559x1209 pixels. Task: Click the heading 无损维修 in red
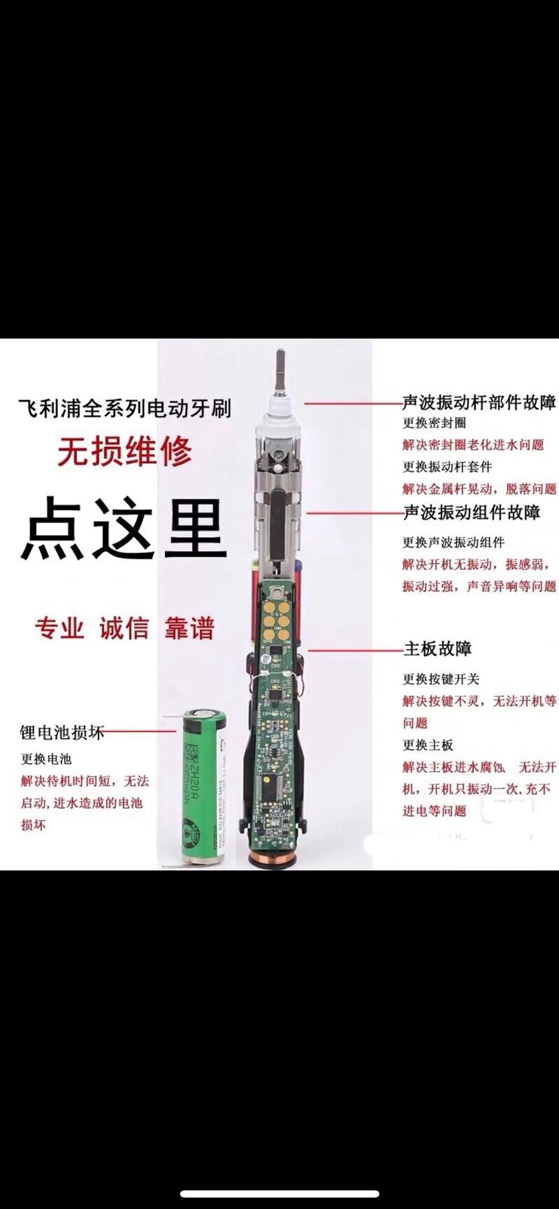pyautogui.click(x=124, y=451)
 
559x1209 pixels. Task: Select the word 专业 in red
pyautogui.click(x=60, y=628)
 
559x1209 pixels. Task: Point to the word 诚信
pyautogui.click(x=124, y=628)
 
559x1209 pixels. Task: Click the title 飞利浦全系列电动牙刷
pyautogui.click(x=124, y=409)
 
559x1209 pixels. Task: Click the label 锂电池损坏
pyautogui.click(x=61, y=732)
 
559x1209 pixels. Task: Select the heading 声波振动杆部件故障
pyautogui.click(x=479, y=402)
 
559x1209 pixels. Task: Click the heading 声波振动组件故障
pyautogui.click(x=472, y=513)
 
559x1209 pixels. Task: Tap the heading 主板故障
pyautogui.click(x=438, y=649)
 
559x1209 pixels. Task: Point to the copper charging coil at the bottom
pyautogui.click(x=278, y=858)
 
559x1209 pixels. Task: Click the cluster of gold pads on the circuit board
pyautogui.click(x=277, y=621)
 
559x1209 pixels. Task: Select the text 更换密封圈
pyautogui.click(x=434, y=423)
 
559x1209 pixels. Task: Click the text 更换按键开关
pyautogui.click(x=441, y=679)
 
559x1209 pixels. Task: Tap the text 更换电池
pyautogui.click(x=46, y=759)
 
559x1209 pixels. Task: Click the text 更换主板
pyautogui.click(x=428, y=745)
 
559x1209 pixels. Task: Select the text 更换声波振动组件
pyautogui.click(x=453, y=542)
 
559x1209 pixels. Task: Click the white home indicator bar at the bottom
pyautogui.click(x=279, y=1194)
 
